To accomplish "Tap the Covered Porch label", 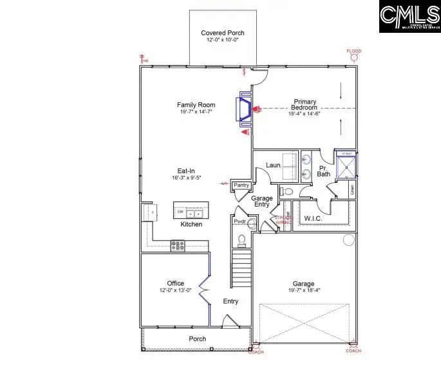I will pos(222,33).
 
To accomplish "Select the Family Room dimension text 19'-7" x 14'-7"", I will pos(196,112).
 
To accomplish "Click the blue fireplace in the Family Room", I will pos(245,109).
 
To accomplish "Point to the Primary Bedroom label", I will pos(305,102).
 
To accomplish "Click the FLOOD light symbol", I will pos(353,57).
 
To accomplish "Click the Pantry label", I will pos(241,185).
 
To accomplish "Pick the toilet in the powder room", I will pos(242,240).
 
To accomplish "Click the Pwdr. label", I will pos(239,221).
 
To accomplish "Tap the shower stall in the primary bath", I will pos(346,165).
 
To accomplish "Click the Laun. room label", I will pos(274,165).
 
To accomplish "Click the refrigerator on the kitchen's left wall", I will pos(149,212).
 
